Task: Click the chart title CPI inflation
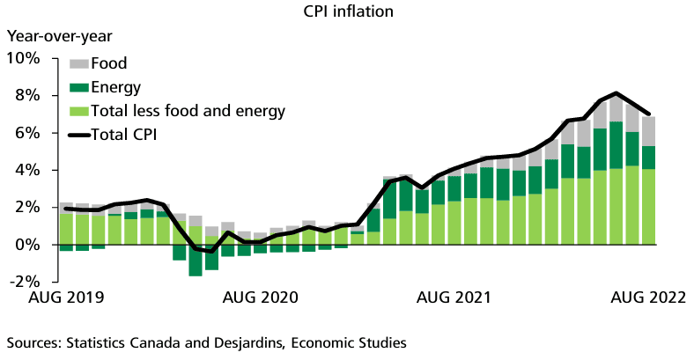pyautogui.click(x=346, y=12)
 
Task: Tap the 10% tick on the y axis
pyautogui.click(x=23, y=58)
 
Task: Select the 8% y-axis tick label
pyautogui.click(x=27, y=95)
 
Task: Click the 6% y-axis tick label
pyautogui.click(x=27, y=133)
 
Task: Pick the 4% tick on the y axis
pyautogui.click(x=27, y=170)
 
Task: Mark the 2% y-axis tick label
pyautogui.click(x=27, y=207)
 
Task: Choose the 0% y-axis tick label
pyautogui.click(x=27, y=245)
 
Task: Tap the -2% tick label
pyautogui.click(x=24, y=282)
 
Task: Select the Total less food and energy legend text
pyautogui.click(x=188, y=111)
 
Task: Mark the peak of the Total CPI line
pyautogui.click(x=616, y=93)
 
